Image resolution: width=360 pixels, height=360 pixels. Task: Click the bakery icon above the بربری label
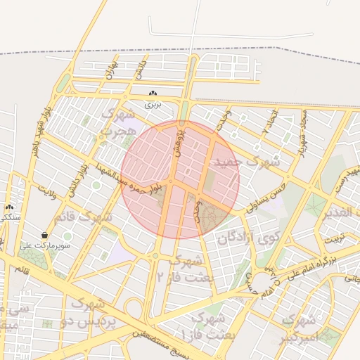[153, 94]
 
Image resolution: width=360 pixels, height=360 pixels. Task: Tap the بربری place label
[153, 104]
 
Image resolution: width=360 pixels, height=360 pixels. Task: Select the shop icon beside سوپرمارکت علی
[45, 236]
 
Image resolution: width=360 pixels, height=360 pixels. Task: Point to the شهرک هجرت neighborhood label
[117, 122]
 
